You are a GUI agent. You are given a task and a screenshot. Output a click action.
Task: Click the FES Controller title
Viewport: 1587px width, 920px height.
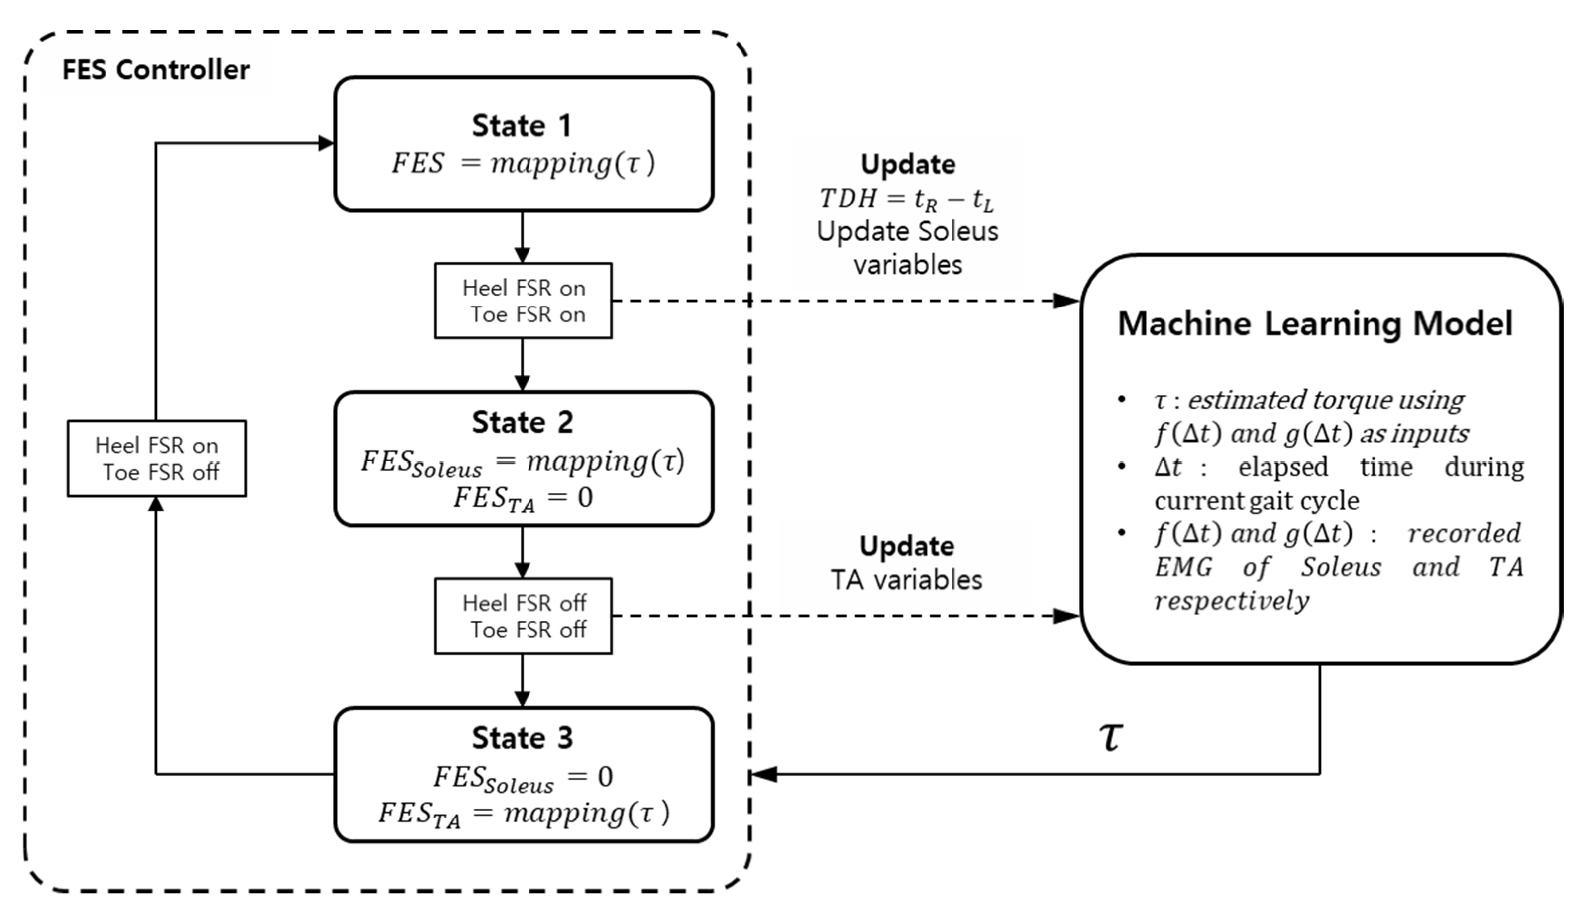click(156, 69)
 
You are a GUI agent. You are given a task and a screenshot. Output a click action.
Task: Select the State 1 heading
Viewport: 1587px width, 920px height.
click(522, 125)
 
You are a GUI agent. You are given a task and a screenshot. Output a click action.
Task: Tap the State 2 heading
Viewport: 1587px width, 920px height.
click(522, 422)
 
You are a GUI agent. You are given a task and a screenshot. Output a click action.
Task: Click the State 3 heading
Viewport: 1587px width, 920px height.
click(522, 738)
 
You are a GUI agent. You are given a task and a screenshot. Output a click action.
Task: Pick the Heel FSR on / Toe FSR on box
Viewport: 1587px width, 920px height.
click(523, 301)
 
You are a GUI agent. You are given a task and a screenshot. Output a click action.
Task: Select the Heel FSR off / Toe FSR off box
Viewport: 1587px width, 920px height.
click(523, 616)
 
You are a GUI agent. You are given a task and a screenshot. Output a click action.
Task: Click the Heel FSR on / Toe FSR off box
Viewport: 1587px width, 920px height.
click(156, 458)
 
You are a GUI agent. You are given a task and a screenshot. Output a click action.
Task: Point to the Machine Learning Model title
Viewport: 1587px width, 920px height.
click(1315, 324)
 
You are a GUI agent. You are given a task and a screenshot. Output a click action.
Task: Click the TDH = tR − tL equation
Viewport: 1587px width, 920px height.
click(907, 200)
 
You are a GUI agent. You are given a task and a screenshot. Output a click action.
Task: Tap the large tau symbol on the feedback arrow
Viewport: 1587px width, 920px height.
click(1110, 735)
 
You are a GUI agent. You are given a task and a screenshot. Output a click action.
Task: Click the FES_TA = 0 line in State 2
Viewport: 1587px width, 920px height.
click(522, 498)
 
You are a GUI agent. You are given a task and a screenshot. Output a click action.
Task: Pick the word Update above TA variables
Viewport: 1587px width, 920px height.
click(907, 546)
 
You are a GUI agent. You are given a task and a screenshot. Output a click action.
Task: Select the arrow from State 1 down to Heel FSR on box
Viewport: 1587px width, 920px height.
click(522, 237)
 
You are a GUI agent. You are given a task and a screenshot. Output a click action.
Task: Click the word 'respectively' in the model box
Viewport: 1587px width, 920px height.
click(1231, 601)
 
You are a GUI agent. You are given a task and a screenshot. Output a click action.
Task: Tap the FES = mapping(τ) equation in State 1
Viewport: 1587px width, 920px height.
click(522, 164)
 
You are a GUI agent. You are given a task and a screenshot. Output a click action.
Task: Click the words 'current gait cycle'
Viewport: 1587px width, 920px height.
click(1257, 501)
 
